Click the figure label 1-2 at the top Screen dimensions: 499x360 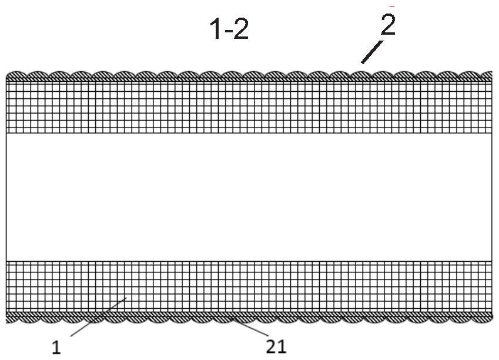229,29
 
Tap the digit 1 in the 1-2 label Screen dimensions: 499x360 216,29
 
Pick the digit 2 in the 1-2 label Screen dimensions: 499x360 241,29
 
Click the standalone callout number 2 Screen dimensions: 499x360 388,24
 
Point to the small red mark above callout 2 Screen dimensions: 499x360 392,6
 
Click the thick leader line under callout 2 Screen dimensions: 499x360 372,52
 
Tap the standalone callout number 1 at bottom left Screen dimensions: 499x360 56,347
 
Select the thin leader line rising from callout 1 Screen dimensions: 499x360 99,316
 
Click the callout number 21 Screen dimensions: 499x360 276,346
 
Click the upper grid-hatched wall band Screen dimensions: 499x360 249,108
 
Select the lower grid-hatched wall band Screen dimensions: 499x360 249,286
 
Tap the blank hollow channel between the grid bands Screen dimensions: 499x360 249,197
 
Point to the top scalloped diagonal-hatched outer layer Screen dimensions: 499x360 249,76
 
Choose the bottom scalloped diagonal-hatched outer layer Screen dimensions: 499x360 249,318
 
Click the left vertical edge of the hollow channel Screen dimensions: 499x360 6,197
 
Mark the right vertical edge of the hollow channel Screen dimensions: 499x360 492,197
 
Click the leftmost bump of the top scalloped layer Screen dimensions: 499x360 17,76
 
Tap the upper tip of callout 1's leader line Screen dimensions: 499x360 128,297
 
